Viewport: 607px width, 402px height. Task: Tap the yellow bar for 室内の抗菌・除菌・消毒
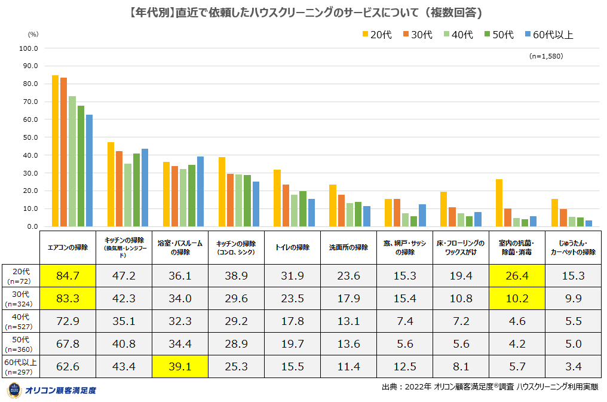[x=499, y=203]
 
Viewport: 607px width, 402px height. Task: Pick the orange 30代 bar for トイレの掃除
[x=286, y=205]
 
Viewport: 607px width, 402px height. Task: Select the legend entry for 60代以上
[x=548, y=35]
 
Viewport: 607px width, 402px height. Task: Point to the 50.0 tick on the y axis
[x=29, y=137]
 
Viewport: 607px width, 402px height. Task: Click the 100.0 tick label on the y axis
[x=28, y=48]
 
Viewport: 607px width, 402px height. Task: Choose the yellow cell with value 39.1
[x=180, y=366]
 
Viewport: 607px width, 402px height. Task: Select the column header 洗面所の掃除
[x=348, y=247]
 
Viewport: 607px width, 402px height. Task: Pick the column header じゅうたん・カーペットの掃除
[x=572, y=247]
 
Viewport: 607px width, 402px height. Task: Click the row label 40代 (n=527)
[x=20, y=322]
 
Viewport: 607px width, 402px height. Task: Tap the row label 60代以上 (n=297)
[x=20, y=366]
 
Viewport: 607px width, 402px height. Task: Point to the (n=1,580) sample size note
[x=545, y=56]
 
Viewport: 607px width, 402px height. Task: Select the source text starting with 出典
[x=489, y=388]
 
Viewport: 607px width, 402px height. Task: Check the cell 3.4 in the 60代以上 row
[x=572, y=366]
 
